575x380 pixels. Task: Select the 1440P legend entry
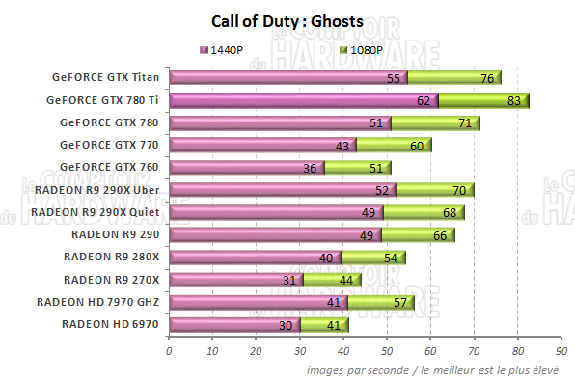(232, 49)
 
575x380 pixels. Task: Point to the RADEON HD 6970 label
(111, 324)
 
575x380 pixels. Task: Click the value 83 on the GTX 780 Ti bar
(515, 100)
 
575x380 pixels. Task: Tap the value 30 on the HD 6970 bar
(287, 325)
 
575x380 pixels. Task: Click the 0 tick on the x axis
(170, 351)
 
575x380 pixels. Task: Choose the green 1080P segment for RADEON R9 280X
(370, 258)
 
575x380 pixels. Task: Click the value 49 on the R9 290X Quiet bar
(369, 212)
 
